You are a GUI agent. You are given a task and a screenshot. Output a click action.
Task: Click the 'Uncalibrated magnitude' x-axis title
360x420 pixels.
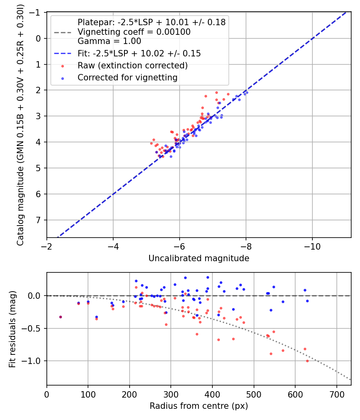tap(199, 258)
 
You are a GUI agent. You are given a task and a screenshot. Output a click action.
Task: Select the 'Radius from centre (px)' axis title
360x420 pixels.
tap(199, 406)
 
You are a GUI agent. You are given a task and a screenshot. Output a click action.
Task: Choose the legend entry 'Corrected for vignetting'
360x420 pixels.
tap(127, 78)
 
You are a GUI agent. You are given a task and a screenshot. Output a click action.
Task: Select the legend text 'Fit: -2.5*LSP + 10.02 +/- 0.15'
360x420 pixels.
tap(139, 54)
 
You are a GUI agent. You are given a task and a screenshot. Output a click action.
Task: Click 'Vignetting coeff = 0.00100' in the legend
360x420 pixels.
tap(134, 32)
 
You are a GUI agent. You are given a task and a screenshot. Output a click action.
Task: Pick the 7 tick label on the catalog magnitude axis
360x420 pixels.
tap(39, 220)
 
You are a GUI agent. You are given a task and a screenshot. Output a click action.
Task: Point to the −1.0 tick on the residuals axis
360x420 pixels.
tap(35, 361)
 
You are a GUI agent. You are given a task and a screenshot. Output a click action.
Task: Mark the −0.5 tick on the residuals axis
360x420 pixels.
tap(35, 328)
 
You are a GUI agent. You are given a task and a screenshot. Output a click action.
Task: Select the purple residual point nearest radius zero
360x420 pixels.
tap(60, 317)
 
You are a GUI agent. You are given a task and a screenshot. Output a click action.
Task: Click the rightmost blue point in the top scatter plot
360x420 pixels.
tap(247, 92)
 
